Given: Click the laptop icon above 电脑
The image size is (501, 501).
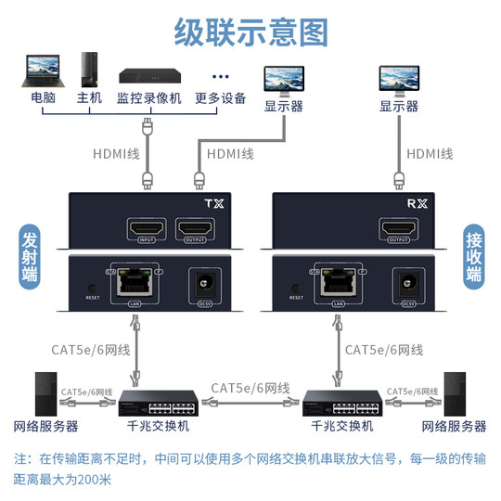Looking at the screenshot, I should (x=42, y=71).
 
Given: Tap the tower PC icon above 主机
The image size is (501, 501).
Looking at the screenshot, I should (x=88, y=70).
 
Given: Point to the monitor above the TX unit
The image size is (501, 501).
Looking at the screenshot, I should (x=284, y=79).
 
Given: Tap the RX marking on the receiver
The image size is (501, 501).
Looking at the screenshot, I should (x=421, y=204).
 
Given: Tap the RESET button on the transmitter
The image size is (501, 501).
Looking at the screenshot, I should (x=90, y=289).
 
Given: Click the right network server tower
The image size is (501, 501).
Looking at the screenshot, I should (x=454, y=393).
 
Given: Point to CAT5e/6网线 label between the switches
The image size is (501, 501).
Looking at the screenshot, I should (x=250, y=387).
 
